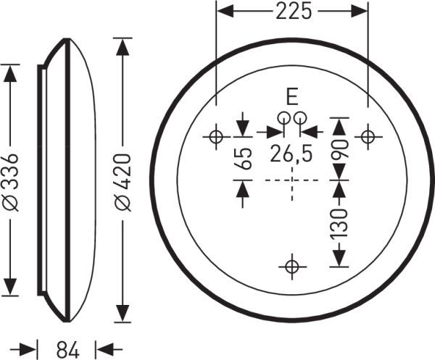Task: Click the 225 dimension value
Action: (x=294, y=12)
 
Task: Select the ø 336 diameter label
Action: (x=11, y=182)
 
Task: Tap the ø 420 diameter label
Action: (x=123, y=183)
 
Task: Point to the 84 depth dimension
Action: (x=68, y=349)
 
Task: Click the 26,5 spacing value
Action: (x=291, y=154)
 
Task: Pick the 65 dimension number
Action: (x=243, y=158)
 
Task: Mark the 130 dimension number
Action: (x=339, y=223)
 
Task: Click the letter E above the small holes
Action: (x=292, y=97)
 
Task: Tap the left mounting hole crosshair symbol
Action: (x=216, y=137)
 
